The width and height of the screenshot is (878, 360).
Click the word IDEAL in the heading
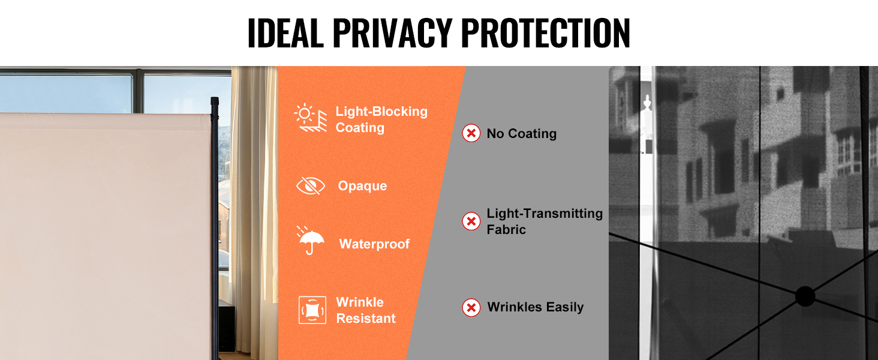(x=285, y=33)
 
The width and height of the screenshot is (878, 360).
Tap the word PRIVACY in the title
(x=393, y=33)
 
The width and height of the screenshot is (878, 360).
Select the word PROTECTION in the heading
(x=546, y=33)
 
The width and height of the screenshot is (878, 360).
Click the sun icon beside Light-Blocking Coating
(x=311, y=118)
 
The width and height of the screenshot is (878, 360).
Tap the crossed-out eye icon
(x=311, y=185)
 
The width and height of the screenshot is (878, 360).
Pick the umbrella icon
(x=311, y=241)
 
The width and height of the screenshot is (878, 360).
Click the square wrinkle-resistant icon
(x=312, y=310)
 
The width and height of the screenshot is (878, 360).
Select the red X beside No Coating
(x=471, y=133)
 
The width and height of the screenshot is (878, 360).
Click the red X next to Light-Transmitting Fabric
(x=471, y=221)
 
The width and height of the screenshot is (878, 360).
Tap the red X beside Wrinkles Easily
(x=471, y=307)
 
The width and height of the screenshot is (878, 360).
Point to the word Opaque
(x=363, y=186)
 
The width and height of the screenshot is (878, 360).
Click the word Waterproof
(x=374, y=244)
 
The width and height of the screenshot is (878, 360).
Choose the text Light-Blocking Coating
(x=381, y=119)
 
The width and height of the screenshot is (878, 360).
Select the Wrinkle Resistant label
(x=366, y=310)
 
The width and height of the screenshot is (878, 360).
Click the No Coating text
(x=522, y=134)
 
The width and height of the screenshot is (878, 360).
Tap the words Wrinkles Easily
(x=536, y=307)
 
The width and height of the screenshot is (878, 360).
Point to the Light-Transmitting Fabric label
(x=545, y=221)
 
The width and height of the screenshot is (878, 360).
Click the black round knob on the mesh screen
(x=805, y=296)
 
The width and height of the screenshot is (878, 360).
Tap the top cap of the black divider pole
(x=215, y=103)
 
